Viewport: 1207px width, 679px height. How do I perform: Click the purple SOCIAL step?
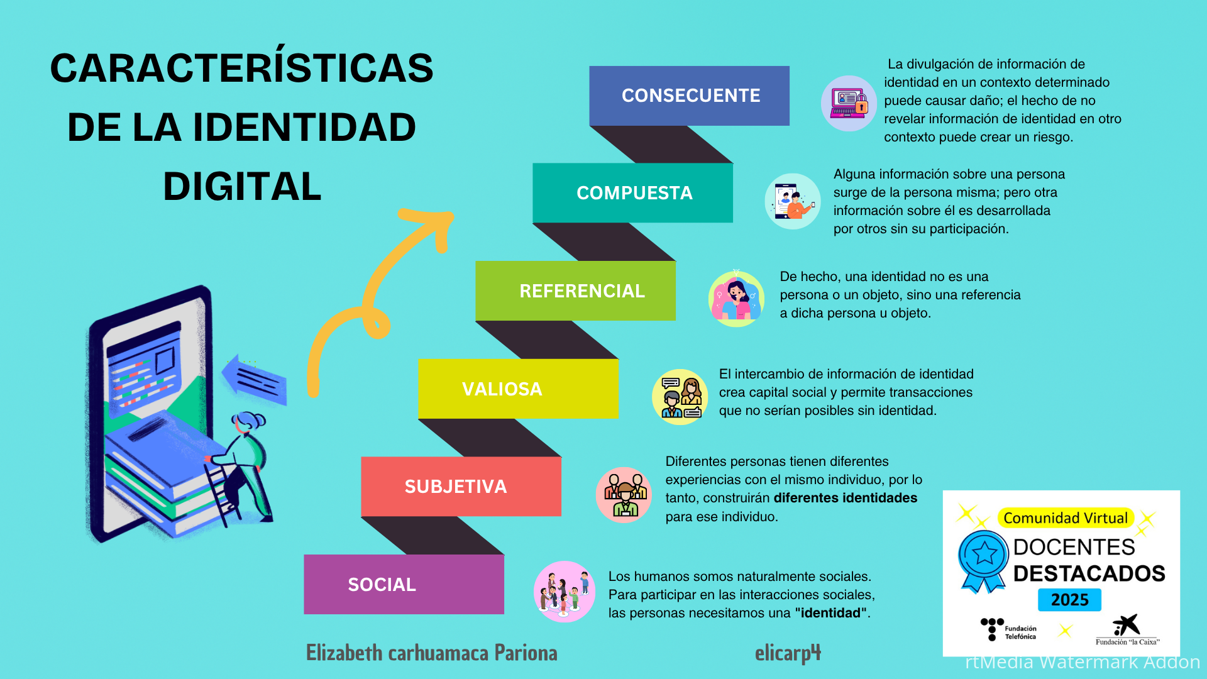404,584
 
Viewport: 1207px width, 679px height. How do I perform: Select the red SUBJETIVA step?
461,487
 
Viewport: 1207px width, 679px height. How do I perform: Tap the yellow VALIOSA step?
518,389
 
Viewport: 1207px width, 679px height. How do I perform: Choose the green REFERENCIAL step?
575,290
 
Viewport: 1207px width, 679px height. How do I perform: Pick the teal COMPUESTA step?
632,193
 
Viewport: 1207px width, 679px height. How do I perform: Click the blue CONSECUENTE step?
689,96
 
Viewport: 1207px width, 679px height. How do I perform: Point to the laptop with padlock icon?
849,103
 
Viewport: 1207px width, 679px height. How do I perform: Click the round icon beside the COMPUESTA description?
793,201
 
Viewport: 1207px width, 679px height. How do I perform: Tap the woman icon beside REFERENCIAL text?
736,299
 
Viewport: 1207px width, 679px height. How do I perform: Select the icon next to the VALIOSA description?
680,397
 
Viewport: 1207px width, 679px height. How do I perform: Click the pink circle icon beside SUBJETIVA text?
624,495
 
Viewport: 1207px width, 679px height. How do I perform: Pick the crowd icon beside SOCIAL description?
565,592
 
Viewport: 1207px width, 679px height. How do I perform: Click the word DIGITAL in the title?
242,187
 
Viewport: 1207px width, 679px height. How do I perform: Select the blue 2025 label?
1069,600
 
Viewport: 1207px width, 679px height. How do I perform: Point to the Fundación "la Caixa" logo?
1127,630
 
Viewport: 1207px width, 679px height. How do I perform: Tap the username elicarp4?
788,653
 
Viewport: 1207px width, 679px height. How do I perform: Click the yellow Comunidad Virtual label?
1066,518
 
